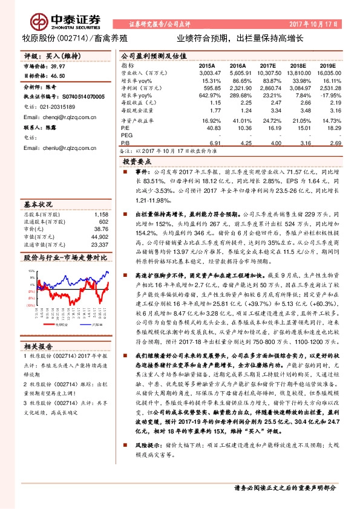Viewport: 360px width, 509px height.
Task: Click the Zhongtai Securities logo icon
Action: (40, 21)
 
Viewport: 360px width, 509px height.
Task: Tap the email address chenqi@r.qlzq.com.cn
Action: (65, 117)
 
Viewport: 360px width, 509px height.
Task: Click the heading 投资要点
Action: (137, 162)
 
